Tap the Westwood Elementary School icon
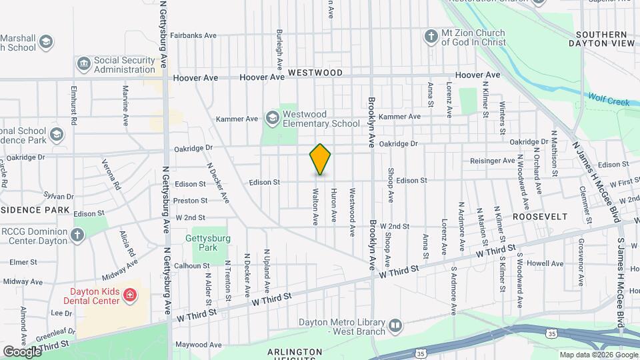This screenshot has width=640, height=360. [x=272, y=119]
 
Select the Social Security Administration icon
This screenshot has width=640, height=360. [x=83, y=65]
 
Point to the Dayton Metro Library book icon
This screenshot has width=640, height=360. [x=395, y=326]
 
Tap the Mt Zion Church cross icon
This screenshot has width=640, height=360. [x=431, y=34]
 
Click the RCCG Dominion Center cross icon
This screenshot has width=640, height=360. [x=77, y=235]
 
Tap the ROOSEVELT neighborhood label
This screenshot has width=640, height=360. [x=541, y=217]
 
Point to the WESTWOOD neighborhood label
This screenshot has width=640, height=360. [x=315, y=73]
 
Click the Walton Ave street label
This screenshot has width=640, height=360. [x=314, y=206]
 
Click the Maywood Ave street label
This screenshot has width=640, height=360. [x=197, y=345]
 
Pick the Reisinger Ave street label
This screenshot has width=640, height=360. [x=492, y=161]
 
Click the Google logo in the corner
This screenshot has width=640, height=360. [x=21, y=351]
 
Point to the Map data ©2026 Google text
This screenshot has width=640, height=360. [x=597, y=355]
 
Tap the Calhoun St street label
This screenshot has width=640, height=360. [x=192, y=265]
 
